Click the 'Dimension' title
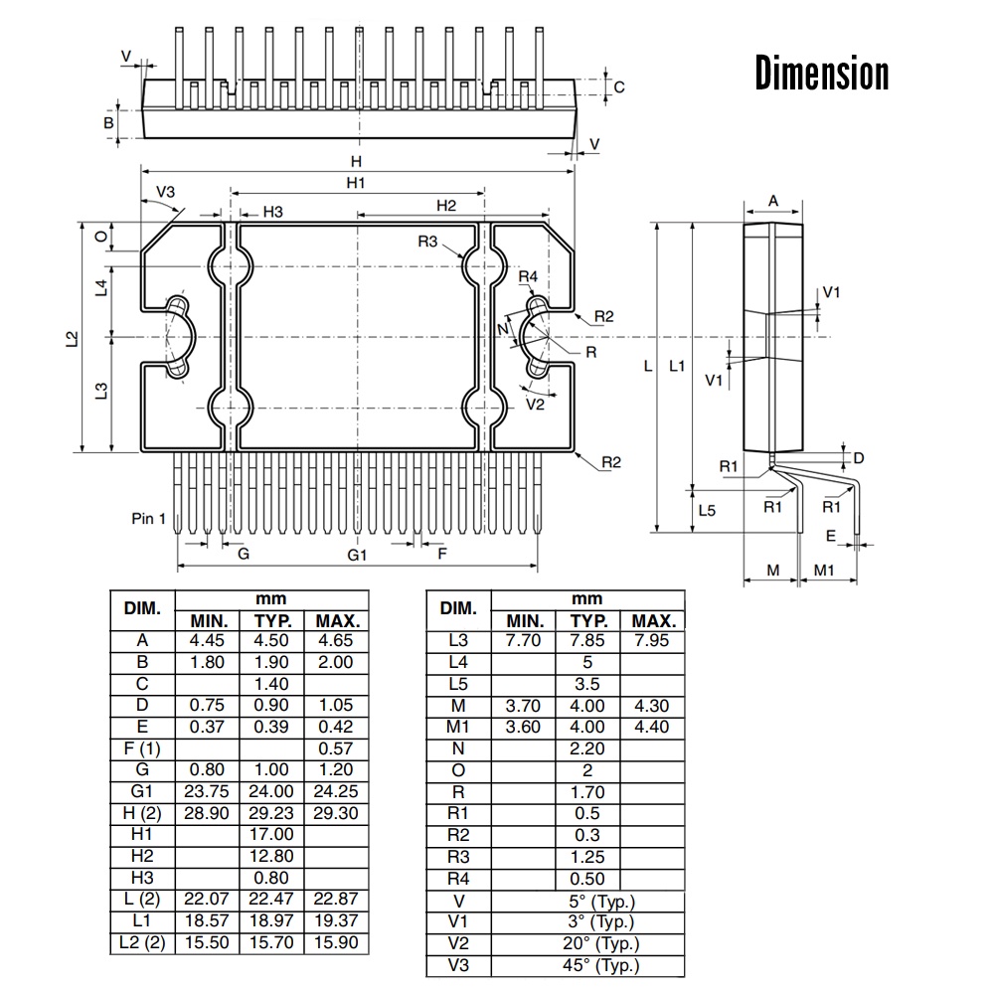[821, 74]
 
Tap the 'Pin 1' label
[149, 518]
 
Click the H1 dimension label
[356, 183]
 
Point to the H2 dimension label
[446, 206]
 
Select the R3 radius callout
[427, 242]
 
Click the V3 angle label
[165, 192]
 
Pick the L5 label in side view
[707, 511]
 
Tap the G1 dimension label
[357, 555]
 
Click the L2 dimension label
[72, 338]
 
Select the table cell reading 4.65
[336, 641]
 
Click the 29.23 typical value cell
[270, 813]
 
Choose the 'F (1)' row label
[142, 748]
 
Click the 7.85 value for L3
[587, 641]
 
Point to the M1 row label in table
[458, 727]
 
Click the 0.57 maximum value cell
[336, 748]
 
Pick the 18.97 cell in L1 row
[270, 921]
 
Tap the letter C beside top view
[619, 87]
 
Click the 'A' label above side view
[773, 202]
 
